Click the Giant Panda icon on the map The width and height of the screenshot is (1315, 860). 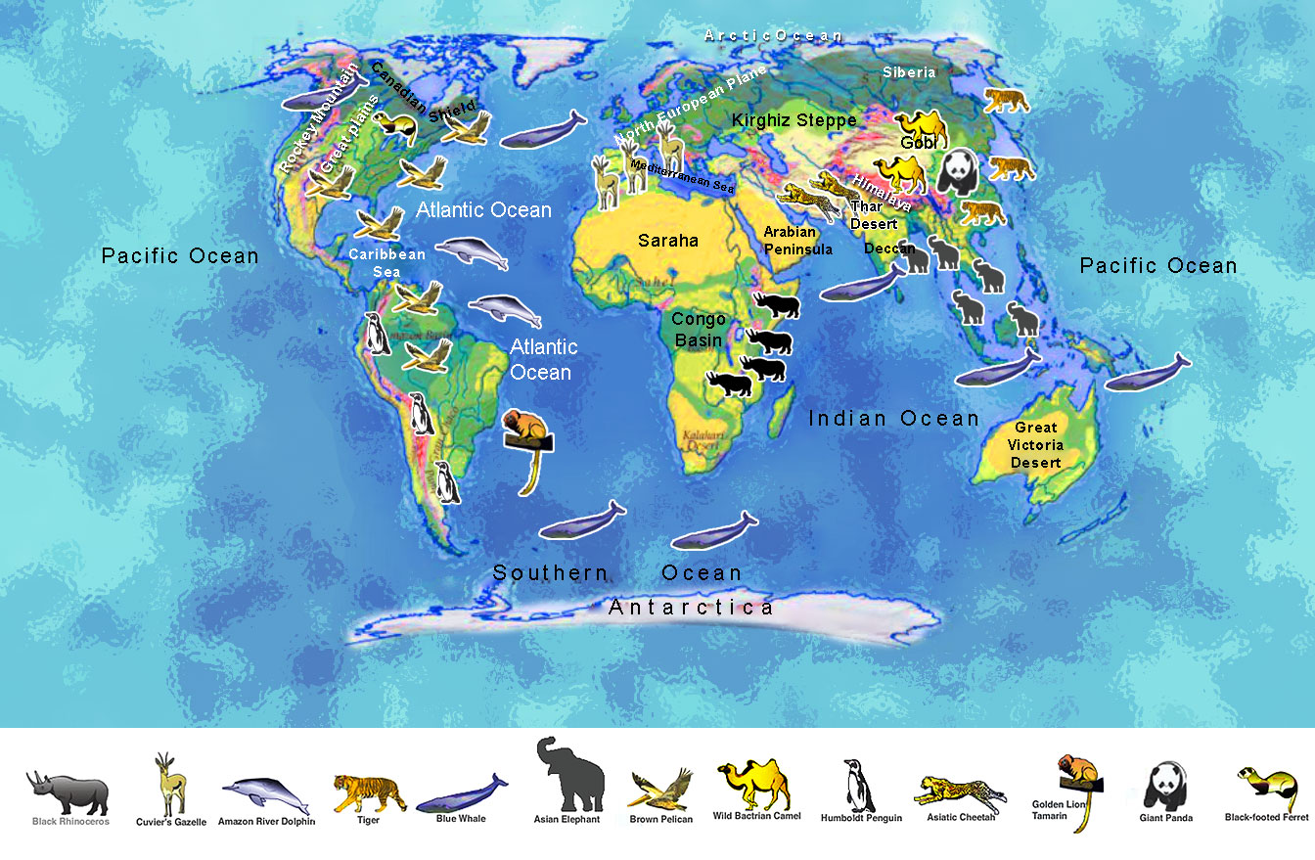956,173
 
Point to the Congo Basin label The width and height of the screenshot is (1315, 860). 699,330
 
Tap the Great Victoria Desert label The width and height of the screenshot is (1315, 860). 1036,444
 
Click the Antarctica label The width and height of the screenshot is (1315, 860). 691,608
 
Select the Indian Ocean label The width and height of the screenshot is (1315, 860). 893,419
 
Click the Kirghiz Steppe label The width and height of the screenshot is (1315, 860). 794,120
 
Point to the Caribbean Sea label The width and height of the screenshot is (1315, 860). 388,262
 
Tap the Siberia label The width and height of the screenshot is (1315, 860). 909,72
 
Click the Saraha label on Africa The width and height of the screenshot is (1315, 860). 668,240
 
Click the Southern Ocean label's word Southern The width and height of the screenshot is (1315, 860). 550,573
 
